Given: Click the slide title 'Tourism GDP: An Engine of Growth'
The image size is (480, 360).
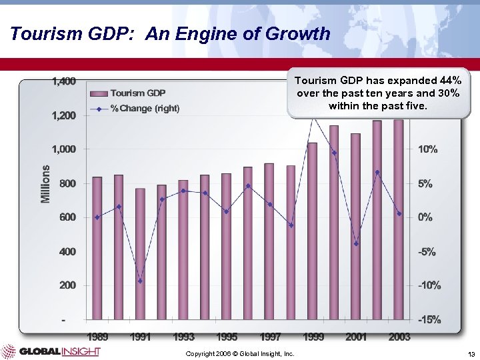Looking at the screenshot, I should coord(170,33).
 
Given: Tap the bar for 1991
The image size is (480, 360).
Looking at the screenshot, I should coord(140,253).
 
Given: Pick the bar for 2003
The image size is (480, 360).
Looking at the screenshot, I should coord(399,220).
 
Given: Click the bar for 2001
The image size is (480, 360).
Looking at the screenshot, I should coord(355,227).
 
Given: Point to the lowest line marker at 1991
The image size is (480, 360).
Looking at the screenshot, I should coord(140,281).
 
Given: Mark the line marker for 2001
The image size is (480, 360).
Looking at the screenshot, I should coord(356,243).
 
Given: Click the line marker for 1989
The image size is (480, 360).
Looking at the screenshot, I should coord(97,217).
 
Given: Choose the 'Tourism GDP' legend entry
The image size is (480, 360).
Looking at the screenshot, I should coord(138,93).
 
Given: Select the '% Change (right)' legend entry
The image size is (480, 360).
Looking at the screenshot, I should coord(145,108).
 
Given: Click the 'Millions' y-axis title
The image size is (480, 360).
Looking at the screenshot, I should coord(45,184).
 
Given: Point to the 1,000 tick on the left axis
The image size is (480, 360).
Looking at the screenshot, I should coord(64,149).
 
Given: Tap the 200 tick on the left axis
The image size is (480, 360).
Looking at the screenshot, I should coord(67,285).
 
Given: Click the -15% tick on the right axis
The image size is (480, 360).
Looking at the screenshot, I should coord(429,319).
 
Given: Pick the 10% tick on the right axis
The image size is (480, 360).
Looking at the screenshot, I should coord(427,149).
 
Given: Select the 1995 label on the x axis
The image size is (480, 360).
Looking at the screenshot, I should coord(227,337).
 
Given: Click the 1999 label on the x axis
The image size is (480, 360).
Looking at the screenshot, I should coord(313,337).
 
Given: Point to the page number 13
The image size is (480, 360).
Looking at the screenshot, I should coord(471,353).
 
